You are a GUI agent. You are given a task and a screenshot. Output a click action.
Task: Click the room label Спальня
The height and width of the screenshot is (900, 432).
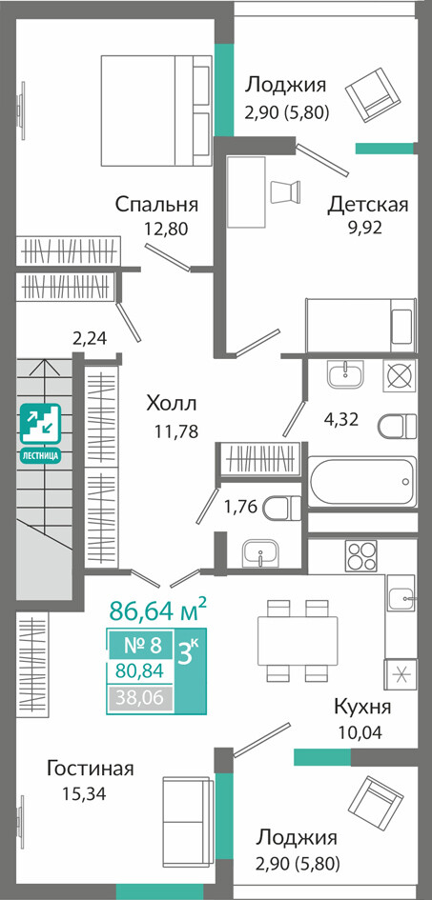156,205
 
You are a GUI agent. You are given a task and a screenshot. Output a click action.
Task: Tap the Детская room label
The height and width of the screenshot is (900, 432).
368,205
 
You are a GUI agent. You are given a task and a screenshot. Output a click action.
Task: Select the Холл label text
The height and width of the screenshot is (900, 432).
172,404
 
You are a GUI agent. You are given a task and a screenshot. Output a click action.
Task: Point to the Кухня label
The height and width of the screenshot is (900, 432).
362,707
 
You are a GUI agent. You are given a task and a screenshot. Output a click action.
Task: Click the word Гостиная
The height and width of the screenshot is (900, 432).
91,768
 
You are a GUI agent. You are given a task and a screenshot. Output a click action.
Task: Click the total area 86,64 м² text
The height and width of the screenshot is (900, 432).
158,610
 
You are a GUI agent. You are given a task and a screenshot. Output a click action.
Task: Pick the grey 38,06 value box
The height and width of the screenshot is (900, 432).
140,698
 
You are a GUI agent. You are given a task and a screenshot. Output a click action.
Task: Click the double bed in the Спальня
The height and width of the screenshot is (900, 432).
155,110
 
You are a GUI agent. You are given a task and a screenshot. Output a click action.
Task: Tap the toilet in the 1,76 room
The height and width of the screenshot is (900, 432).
282,508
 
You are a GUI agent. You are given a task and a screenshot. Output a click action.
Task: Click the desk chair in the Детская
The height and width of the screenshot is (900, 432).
285,192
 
